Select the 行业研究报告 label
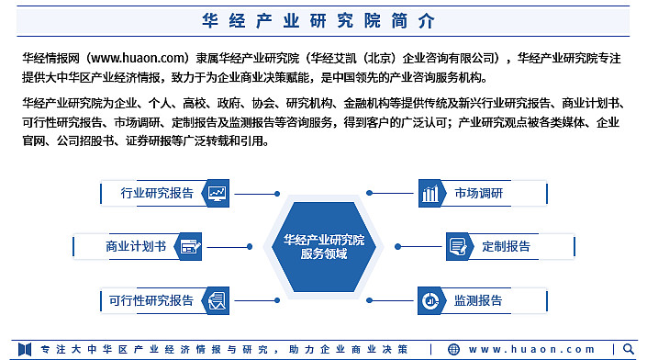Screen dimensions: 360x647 157,193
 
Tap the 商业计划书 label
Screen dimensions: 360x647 135,246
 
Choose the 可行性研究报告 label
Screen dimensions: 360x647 151,300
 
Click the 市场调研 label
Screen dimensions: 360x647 478,193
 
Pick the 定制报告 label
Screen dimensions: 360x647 506,246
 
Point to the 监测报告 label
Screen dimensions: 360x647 478,300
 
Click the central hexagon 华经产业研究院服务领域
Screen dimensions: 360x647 324,247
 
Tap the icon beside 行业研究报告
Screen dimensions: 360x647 218,193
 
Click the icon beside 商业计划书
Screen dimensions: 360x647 190,246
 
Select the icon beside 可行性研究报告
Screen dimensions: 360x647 218,300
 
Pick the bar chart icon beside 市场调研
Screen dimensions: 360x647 430,193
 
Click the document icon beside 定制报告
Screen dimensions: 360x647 458,246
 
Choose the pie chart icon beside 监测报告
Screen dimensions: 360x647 430,300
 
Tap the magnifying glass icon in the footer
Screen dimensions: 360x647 629,349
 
